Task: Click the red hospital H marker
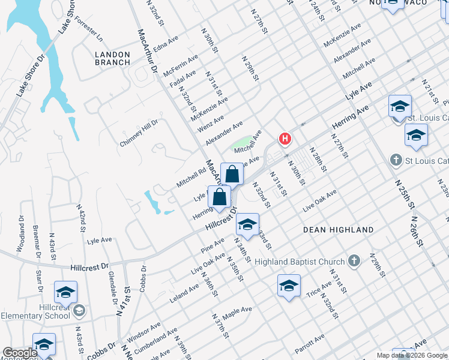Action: [x=285, y=139]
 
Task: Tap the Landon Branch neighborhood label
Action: [x=112, y=58]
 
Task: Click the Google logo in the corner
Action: [x=20, y=353]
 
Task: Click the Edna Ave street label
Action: [x=167, y=47]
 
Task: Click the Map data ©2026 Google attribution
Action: [x=412, y=355]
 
